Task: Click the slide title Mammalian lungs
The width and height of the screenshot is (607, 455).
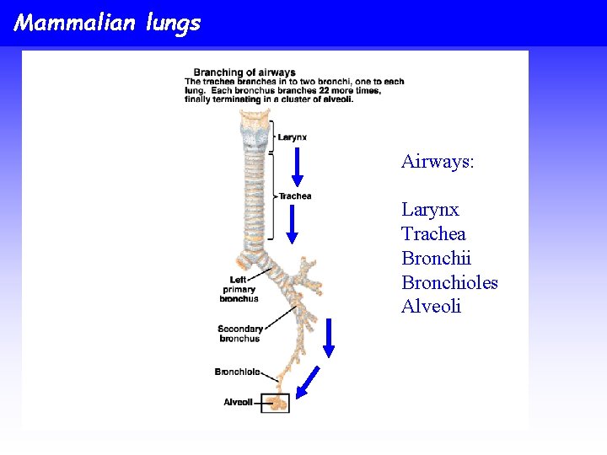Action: [x=107, y=23]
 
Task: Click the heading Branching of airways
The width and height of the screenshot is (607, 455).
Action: [x=244, y=72]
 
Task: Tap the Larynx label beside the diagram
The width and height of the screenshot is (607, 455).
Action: [x=293, y=137]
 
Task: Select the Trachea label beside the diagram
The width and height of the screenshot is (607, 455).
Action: [x=295, y=196]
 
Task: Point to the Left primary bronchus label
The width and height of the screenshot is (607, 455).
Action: [x=239, y=289]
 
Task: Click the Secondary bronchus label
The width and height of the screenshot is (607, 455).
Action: [x=239, y=334]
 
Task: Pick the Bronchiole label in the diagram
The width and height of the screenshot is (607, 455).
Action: [x=237, y=372]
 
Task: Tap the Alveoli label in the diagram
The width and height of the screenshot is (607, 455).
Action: [x=238, y=402]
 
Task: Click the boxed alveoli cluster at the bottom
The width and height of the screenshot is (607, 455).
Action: [x=275, y=403]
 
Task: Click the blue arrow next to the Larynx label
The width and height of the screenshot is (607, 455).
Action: [x=297, y=167]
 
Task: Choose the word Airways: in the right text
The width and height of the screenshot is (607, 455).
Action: [x=438, y=161]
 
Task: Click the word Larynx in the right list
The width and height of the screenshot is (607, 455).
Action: [x=430, y=209]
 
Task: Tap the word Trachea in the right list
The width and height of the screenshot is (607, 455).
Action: [x=433, y=233]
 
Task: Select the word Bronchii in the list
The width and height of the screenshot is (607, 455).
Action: [x=436, y=258]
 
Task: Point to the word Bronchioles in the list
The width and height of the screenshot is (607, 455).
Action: [x=449, y=282]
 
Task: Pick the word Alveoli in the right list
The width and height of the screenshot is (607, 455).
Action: [x=431, y=306]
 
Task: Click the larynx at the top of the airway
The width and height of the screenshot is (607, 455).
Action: [x=255, y=135]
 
